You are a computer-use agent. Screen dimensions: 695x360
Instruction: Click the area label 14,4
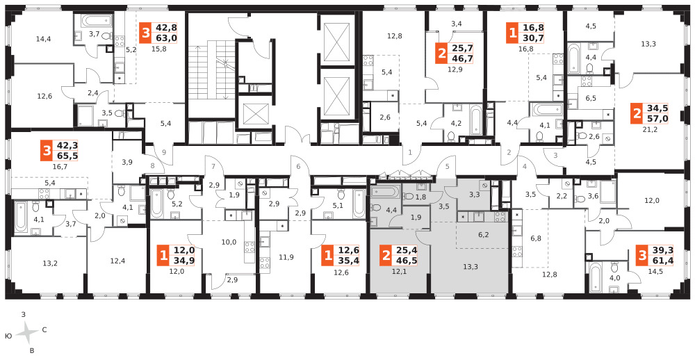point(43,39)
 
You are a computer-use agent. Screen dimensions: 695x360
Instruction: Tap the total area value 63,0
point(165,38)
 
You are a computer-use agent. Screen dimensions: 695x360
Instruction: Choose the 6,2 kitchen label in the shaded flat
point(484,234)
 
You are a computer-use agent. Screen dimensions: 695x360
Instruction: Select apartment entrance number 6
point(298,167)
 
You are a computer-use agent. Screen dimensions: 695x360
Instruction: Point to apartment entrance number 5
point(448,167)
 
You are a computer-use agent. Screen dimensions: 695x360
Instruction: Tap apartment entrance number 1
point(410,152)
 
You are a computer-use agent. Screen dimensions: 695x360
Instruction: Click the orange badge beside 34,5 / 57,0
point(637,114)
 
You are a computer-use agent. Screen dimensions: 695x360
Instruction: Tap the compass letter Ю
point(8,337)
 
